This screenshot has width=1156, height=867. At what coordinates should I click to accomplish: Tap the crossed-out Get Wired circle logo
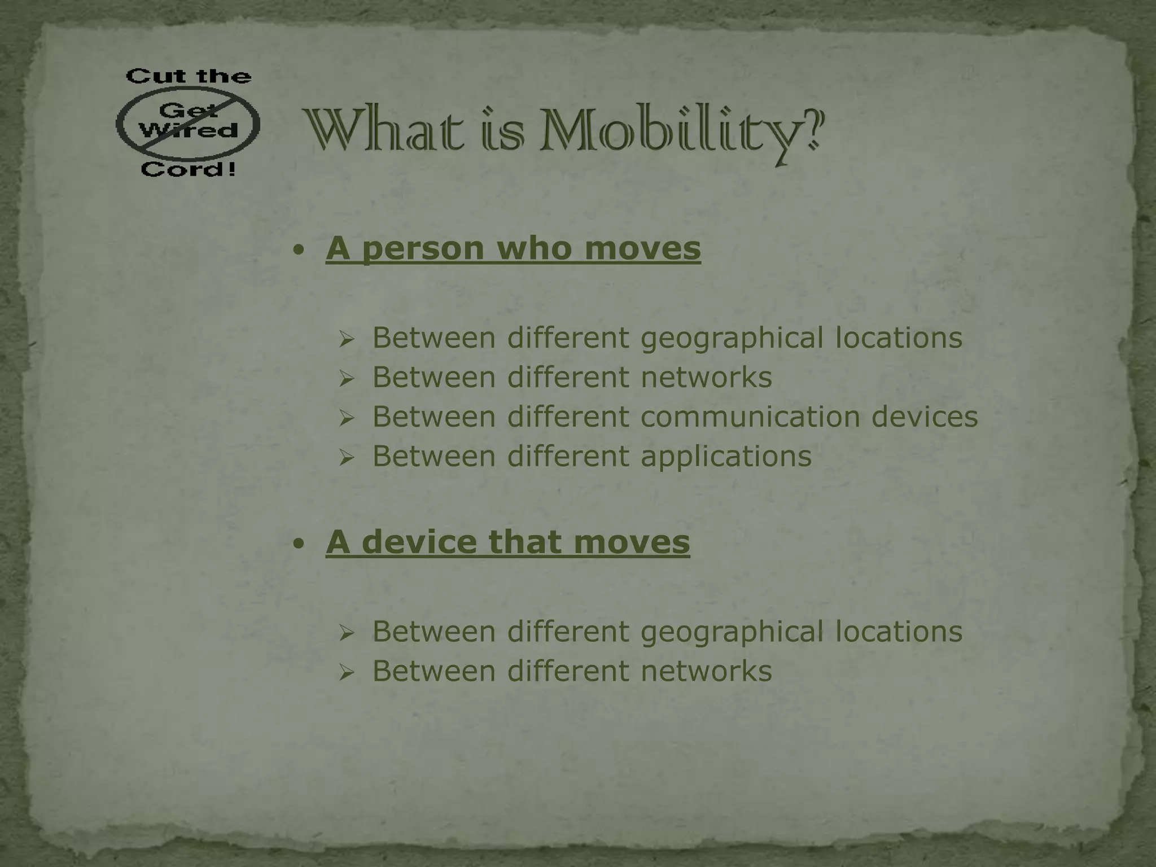coord(188,122)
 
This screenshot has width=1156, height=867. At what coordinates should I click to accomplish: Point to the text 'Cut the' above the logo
coord(188,76)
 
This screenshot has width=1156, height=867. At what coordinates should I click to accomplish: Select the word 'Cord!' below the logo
coord(188,169)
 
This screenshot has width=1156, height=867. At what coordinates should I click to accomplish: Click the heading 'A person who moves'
coord(513,248)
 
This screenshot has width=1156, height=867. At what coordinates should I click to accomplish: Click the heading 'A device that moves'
coord(507,542)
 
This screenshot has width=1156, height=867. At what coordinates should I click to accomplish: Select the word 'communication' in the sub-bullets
coord(750,417)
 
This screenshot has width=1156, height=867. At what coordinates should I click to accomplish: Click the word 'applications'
coord(726,456)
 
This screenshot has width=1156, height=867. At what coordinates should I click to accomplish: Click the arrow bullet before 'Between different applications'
coord(346,458)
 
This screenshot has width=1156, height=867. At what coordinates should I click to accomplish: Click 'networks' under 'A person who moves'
coord(706,377)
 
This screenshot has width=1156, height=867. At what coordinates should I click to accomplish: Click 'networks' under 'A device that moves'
coord(706,671)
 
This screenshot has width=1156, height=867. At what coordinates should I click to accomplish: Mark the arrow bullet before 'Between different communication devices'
coord(346,418)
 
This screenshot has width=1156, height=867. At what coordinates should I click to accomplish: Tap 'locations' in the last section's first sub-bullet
coord(899,631)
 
